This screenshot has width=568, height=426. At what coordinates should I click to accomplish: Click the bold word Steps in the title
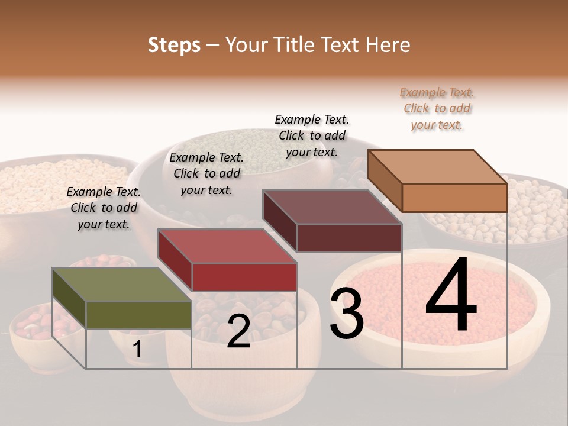(x=174, y=45)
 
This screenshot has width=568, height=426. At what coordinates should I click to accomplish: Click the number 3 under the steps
(x=347, y=315)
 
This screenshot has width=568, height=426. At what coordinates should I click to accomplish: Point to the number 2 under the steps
(x=238, y=332)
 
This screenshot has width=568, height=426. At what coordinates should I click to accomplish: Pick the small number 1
(x=137, y=350)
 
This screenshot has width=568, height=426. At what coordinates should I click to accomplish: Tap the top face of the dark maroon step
(x=332, y=207)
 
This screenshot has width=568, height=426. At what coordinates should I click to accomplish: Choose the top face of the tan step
(x=437, y=167)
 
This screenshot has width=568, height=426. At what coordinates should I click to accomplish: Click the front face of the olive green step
(x=138, y=315)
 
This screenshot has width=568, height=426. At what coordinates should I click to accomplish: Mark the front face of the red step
(x=244, y=277)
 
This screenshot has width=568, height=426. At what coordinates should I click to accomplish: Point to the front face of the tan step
(x=454, y=198)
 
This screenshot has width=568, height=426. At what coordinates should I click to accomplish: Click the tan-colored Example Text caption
(x=437, y=109)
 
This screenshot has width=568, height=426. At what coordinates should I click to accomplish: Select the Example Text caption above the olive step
(x=104, y=208)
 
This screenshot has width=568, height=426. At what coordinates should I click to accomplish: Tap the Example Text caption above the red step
(x=206, y=174)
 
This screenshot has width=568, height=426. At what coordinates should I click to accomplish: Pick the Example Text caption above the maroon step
(x=312, y=135)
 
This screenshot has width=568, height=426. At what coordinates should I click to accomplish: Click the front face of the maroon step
(x=349, y=238)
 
